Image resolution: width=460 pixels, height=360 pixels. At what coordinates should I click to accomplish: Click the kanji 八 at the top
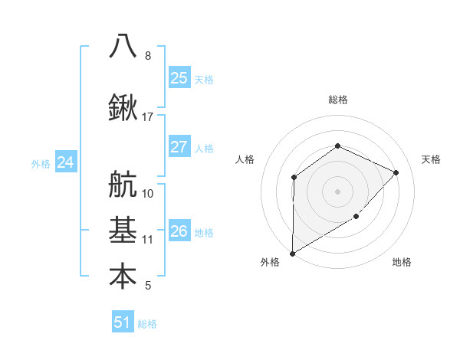[123, 46]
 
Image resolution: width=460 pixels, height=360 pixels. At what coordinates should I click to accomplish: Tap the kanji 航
[123, 185]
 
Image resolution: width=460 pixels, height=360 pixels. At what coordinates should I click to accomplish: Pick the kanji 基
[123, 230]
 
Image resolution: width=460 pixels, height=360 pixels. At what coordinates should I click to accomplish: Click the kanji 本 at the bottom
[123, 277]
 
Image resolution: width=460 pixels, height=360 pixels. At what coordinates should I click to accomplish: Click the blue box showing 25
[179, 77]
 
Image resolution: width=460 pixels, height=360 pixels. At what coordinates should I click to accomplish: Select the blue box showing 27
[179, 147]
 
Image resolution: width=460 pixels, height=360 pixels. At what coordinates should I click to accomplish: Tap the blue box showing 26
[179, 231]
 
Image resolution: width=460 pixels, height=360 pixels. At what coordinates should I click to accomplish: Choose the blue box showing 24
[66, 162]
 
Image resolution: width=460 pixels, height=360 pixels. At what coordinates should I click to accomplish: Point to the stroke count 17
[148, 117]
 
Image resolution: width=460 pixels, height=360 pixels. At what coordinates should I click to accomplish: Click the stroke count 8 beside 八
[147, 56]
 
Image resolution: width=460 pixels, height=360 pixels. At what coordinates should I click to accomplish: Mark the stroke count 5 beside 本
[147, 286]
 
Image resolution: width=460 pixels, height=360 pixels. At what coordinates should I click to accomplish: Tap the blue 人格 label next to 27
[204, 148]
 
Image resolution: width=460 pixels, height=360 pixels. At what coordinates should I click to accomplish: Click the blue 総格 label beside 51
[147, 324]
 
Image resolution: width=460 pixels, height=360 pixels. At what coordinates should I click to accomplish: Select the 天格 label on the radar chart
[431, 159]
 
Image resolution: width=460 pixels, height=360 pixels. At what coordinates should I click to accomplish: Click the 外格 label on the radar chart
[269, 262]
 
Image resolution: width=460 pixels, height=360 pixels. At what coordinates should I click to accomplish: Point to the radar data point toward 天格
[396, 172]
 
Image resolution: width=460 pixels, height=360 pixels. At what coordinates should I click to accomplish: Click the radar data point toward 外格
[292, 253]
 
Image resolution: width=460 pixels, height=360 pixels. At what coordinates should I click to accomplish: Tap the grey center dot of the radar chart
[337, 191]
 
